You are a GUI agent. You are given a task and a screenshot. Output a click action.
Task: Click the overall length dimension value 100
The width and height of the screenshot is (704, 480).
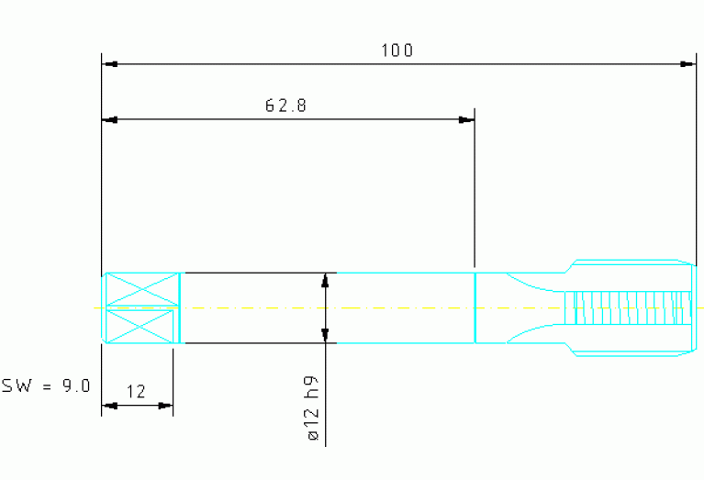point(397,50)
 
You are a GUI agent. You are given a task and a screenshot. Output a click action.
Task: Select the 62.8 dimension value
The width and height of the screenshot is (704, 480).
point(286,106)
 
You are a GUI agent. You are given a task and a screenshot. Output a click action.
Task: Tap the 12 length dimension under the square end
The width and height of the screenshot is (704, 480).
point(136,392)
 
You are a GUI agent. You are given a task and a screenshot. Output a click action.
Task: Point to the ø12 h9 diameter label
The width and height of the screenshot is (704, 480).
point(313,407)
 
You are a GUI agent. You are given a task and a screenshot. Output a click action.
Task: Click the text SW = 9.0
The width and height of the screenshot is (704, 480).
point(46,385)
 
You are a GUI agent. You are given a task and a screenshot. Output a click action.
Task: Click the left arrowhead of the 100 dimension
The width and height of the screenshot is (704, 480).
point(110,64)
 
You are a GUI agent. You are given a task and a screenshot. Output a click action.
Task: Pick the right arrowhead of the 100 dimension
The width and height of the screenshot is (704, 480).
point(687,64)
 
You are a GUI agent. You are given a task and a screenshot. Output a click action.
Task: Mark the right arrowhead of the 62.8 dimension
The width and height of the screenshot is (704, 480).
point(466,120)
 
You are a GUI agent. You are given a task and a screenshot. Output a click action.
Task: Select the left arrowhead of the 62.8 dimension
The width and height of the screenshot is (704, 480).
point(110,120)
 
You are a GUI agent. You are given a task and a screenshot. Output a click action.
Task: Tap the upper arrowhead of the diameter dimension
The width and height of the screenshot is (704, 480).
point(326,280)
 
